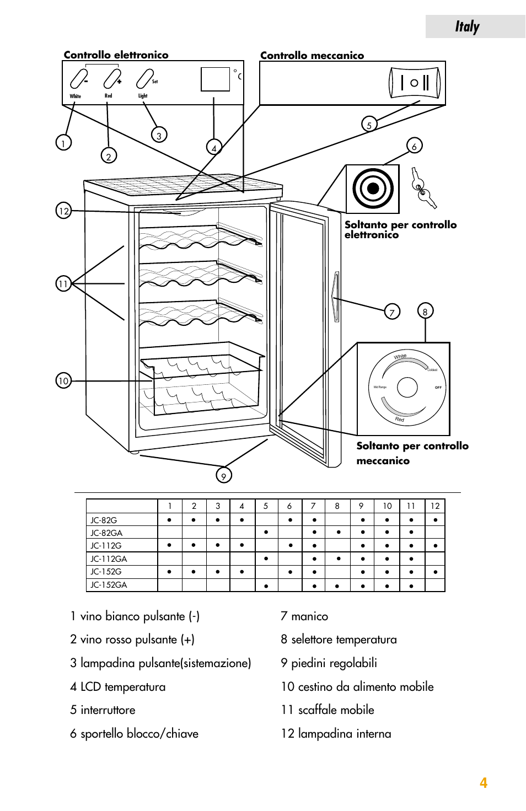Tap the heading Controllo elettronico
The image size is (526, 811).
tap(116, 55)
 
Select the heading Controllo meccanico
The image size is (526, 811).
tap(312, 55)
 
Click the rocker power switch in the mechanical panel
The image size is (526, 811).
tap(415, 83)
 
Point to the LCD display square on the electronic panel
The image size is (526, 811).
tap(215, 79)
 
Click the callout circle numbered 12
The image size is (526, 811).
tap(64, 211)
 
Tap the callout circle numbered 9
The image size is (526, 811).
tap(223, 475)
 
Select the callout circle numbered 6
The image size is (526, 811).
tap(414, 146)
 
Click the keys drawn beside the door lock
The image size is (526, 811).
tap(423, 188)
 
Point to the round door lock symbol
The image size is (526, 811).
tap(373, 189)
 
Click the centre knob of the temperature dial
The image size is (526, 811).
tap(407, 388)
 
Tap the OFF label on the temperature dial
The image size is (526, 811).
tap(438, 388)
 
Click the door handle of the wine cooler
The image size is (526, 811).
tap(335, 296)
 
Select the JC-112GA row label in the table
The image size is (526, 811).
tap(109, 558)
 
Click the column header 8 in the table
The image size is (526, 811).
tap(337, 506)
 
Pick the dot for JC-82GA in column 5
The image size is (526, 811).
tap(266, 533)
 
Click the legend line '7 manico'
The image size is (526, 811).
tap(304, 616)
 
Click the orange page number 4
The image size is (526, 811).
tap(484, 783)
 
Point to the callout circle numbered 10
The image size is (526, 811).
tap(64, 380)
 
